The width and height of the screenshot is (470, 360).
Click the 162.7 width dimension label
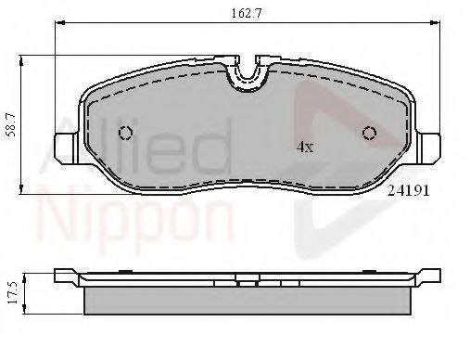click(x=247, y=14)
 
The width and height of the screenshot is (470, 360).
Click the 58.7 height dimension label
click(x=11, y=124)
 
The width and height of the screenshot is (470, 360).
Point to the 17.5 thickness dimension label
click(x=12, y=293)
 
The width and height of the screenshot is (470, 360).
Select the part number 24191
click(x=409, y=190)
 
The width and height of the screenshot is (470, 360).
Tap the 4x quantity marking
click(x=305, y=147)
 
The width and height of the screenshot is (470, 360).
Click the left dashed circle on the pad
click(x=125, y=133)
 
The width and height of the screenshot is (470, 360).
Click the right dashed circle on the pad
click(x=370, y=133)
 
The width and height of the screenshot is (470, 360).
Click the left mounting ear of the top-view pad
click(x=66, y=148)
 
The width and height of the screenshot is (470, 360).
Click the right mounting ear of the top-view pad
click(x=428, y=148)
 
